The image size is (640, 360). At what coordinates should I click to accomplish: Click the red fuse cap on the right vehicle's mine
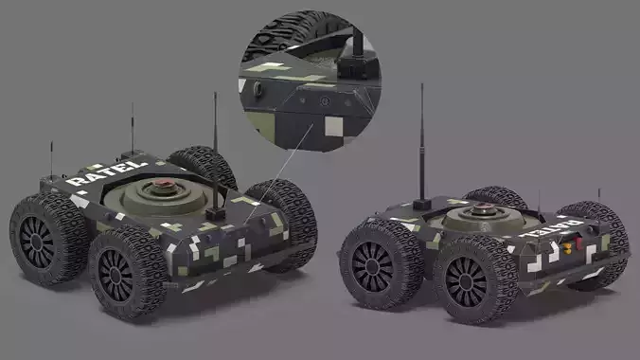pos(489,207)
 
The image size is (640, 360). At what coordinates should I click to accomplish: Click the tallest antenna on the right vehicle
pos(421,142)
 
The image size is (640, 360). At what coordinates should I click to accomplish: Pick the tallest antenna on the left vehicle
pos(215,142)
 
